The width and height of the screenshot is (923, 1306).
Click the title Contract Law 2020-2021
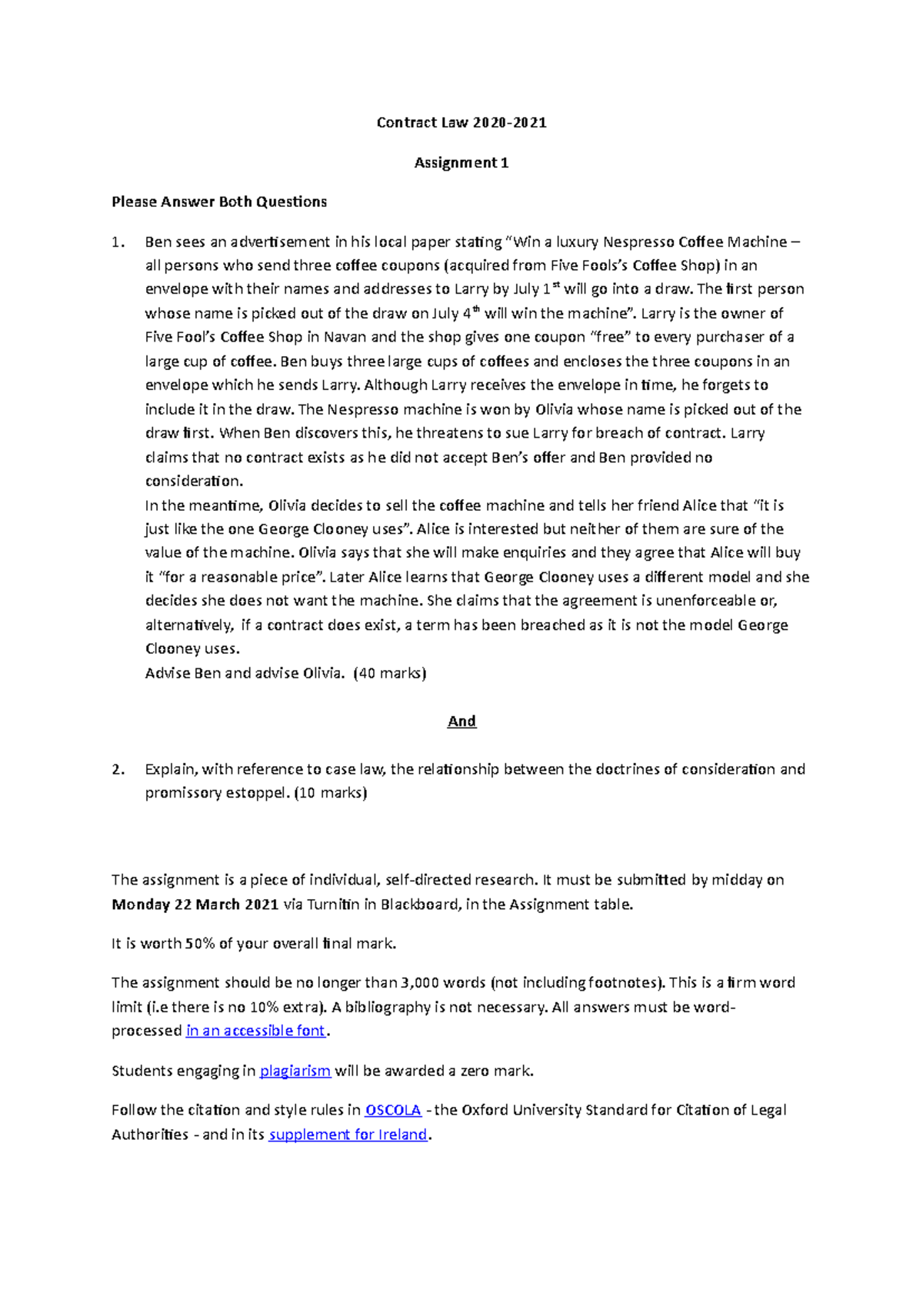click(461, 122)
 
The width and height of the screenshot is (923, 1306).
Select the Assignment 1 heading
click(461, 162)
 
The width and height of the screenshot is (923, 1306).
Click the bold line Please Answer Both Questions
click(219, 202)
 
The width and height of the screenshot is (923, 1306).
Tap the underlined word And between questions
click(461, 721)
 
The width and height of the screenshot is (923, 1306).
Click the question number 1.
click(117, 242)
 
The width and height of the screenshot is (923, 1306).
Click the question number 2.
click(117, 769)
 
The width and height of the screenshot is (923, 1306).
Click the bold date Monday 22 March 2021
click(195, 905)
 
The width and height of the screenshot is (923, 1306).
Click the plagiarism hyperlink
click(295, 1071)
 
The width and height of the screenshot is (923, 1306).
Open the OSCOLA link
click(392, 1110)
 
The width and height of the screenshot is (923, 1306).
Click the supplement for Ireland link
click(348, 1134)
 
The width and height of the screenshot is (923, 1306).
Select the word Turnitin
click(333, 905)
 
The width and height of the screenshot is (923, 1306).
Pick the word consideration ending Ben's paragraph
click(193, 481)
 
